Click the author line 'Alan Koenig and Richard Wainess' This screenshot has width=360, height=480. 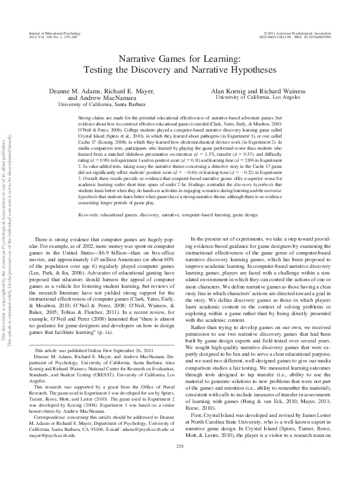tap(258, 90)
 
